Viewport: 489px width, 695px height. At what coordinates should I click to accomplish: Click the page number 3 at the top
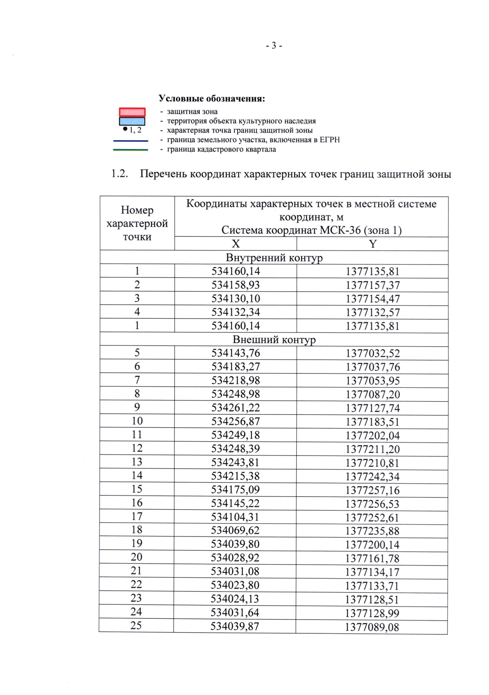pyautogui.click(x=274, y=46)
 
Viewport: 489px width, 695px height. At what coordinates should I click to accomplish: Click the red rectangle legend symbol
pyautogui.click(x=132, y=112)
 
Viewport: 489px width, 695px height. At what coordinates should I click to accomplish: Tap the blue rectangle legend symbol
pyautogui.click(x=132, y=121)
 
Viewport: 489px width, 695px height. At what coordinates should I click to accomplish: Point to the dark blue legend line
pyautogui.click(x=130, y=141)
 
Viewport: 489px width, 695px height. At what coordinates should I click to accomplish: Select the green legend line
pyautogui.click(x=130, y=150)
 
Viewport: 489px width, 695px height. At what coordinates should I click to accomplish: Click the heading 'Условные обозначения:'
pyautogui.click(x=211, y=99)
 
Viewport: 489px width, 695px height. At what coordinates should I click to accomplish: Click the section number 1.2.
pyautogui.click(x=119, y=174)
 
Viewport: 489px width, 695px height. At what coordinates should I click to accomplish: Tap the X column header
pyautogui.click(x=236, y=244)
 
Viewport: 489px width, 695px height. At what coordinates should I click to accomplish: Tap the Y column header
pyautogui.click(x=372, y=244)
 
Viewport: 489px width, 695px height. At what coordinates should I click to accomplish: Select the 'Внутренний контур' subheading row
pyautogui.click(x=274, y=257)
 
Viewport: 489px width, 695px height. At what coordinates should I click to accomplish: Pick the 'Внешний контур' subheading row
pyautogui.click(x=274, y=339)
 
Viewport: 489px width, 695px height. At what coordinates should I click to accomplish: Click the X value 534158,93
pyautogui.click(x=236, y=285)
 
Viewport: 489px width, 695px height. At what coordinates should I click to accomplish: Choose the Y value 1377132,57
pyautogui.click(x=372, y=312)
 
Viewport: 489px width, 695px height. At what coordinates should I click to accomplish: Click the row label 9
pyautogui.click(x=137, y=407)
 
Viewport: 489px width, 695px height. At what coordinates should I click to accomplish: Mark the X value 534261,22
pyautogui.click(x=236, y=407)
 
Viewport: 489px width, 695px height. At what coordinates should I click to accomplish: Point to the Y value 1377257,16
pyautogui.click(x=372, y=490)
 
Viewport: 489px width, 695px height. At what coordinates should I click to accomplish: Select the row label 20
pyautogui.click(x=137, y=557)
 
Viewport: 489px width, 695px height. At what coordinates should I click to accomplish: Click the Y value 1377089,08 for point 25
pyautogui.click(x=372, y=627)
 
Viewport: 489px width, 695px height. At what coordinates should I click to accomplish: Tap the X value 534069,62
pyautogui.click(x=235, y=530)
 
